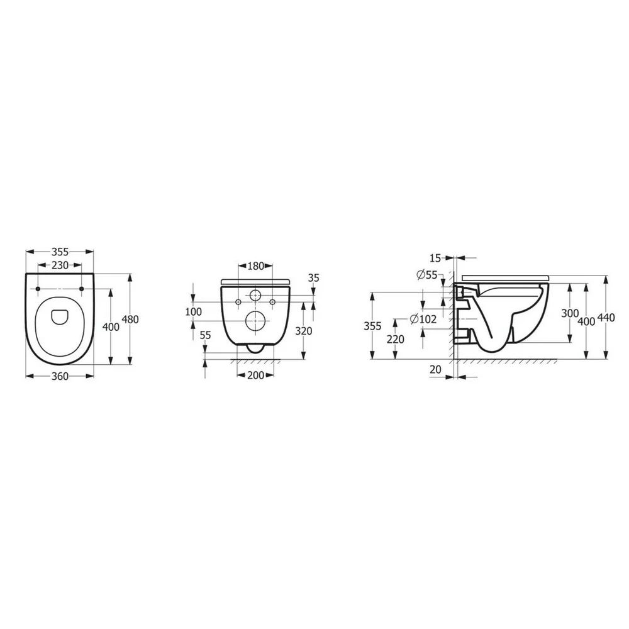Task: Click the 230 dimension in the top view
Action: [x=60, y=266]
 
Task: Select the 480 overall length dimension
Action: [x=130, y=319]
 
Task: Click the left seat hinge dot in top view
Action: [x=39, y=289]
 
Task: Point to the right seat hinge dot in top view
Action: [x=82, y=289]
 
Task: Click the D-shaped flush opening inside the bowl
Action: [x=60, y=316]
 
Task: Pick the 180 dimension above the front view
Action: [x=255, y=266]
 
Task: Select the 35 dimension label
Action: [x=314, y=277]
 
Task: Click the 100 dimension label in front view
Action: [x=194, y=311]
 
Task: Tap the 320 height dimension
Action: [x=303, y=331]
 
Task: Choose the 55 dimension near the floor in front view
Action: [x=205, y=337]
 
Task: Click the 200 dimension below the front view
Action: [x=255, y=376]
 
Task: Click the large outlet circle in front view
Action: [x=255, y=320]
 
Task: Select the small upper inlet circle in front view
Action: [x=255, y=296]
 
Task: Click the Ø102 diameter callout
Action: [x=423, y=320]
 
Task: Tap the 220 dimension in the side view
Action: [x=395, y=338]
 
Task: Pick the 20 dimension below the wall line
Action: [x=436, y=370]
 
